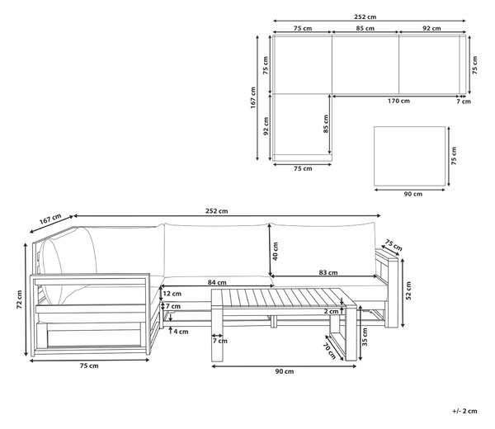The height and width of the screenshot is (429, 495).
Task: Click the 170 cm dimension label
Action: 398,101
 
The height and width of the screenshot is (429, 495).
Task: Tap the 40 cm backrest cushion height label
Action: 276,252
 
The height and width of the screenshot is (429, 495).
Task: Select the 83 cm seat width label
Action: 328,272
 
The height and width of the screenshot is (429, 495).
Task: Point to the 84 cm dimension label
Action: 217,282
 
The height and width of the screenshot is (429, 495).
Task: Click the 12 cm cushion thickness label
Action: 172,294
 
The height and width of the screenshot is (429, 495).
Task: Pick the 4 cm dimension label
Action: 181,332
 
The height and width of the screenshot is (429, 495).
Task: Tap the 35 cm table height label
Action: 365,337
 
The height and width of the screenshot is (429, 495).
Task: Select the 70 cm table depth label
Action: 329,351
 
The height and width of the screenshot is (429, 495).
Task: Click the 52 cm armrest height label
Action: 408,290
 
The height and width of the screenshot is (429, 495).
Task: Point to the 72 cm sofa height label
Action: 20,299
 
